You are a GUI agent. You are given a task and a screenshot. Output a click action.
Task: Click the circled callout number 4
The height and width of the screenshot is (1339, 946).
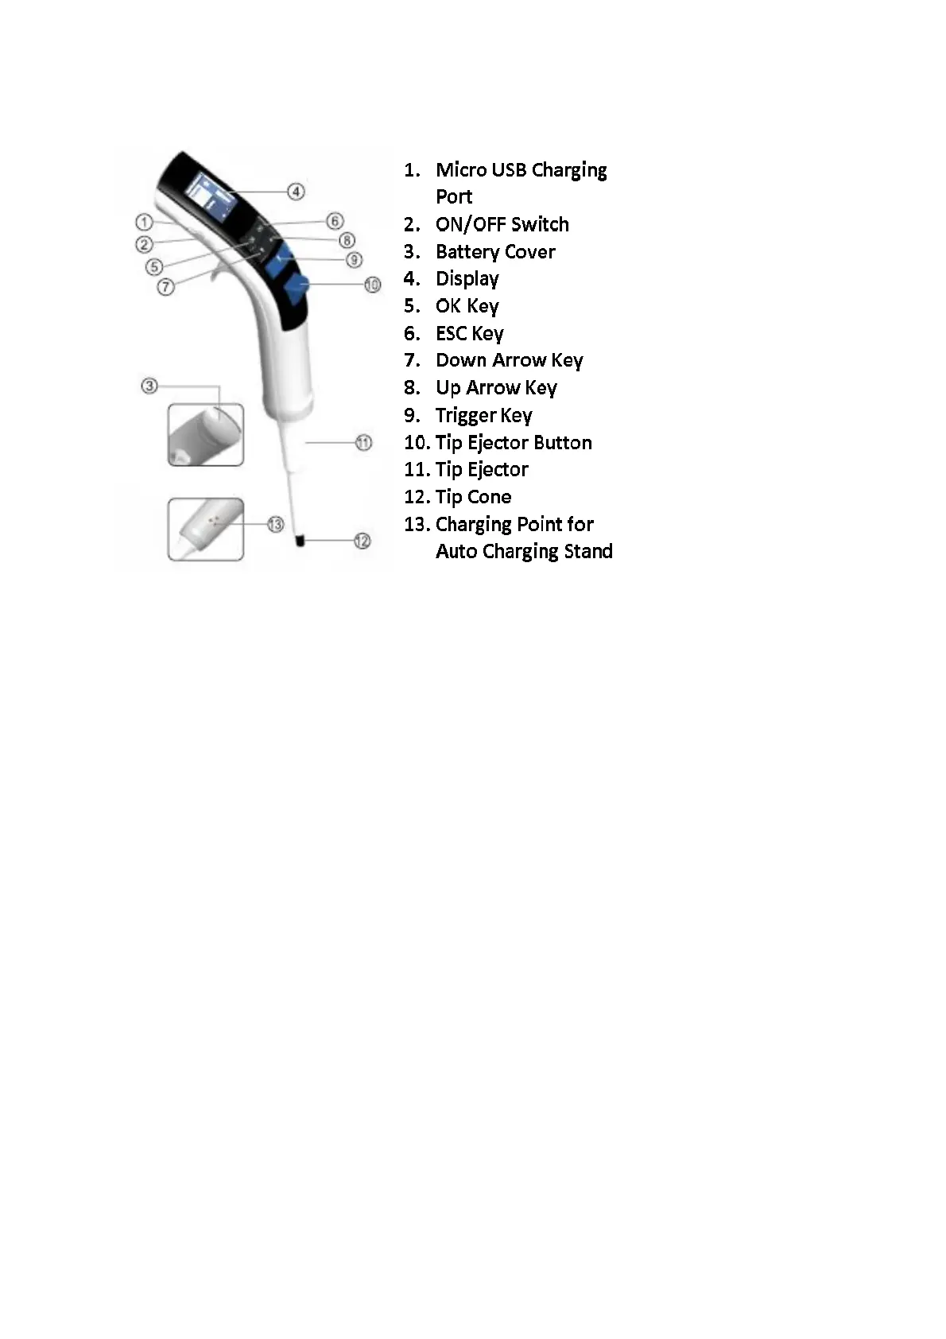[296, 192]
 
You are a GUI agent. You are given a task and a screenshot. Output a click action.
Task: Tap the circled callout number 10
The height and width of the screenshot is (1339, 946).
[372, 284]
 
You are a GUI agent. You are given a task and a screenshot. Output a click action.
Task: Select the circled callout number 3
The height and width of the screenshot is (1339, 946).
[149, 386]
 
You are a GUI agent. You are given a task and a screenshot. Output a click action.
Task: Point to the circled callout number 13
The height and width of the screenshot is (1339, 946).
[275, 524]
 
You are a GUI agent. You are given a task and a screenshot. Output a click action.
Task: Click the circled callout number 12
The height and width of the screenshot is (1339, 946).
[362, 541]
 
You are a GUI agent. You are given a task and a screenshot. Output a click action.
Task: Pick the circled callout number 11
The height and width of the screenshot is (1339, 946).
[363, 443]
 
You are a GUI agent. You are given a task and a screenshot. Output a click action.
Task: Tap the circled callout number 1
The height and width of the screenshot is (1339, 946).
[144, 222]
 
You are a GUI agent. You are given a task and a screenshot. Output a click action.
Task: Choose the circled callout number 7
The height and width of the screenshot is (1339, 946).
[165, 286]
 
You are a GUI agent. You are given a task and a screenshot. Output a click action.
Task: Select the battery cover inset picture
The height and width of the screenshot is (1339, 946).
[206, 435]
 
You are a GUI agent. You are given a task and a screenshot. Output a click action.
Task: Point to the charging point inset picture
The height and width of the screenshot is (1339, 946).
[206, 530]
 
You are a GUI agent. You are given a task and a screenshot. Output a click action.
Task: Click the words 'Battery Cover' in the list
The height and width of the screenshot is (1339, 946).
[495, 252]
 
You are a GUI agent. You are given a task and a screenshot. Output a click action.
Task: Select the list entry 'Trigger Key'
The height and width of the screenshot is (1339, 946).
[483, 416]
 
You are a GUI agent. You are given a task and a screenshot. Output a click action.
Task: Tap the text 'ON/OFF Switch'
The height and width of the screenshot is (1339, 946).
[502, 225]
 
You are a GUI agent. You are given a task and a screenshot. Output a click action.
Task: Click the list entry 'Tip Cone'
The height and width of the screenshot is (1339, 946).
[473, 497]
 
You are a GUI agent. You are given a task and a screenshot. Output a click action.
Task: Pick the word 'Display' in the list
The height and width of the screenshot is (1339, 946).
[467, 279]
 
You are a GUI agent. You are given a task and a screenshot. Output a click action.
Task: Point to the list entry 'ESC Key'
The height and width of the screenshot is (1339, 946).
[469, 334]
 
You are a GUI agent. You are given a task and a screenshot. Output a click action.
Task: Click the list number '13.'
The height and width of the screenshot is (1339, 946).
[417, 525]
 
